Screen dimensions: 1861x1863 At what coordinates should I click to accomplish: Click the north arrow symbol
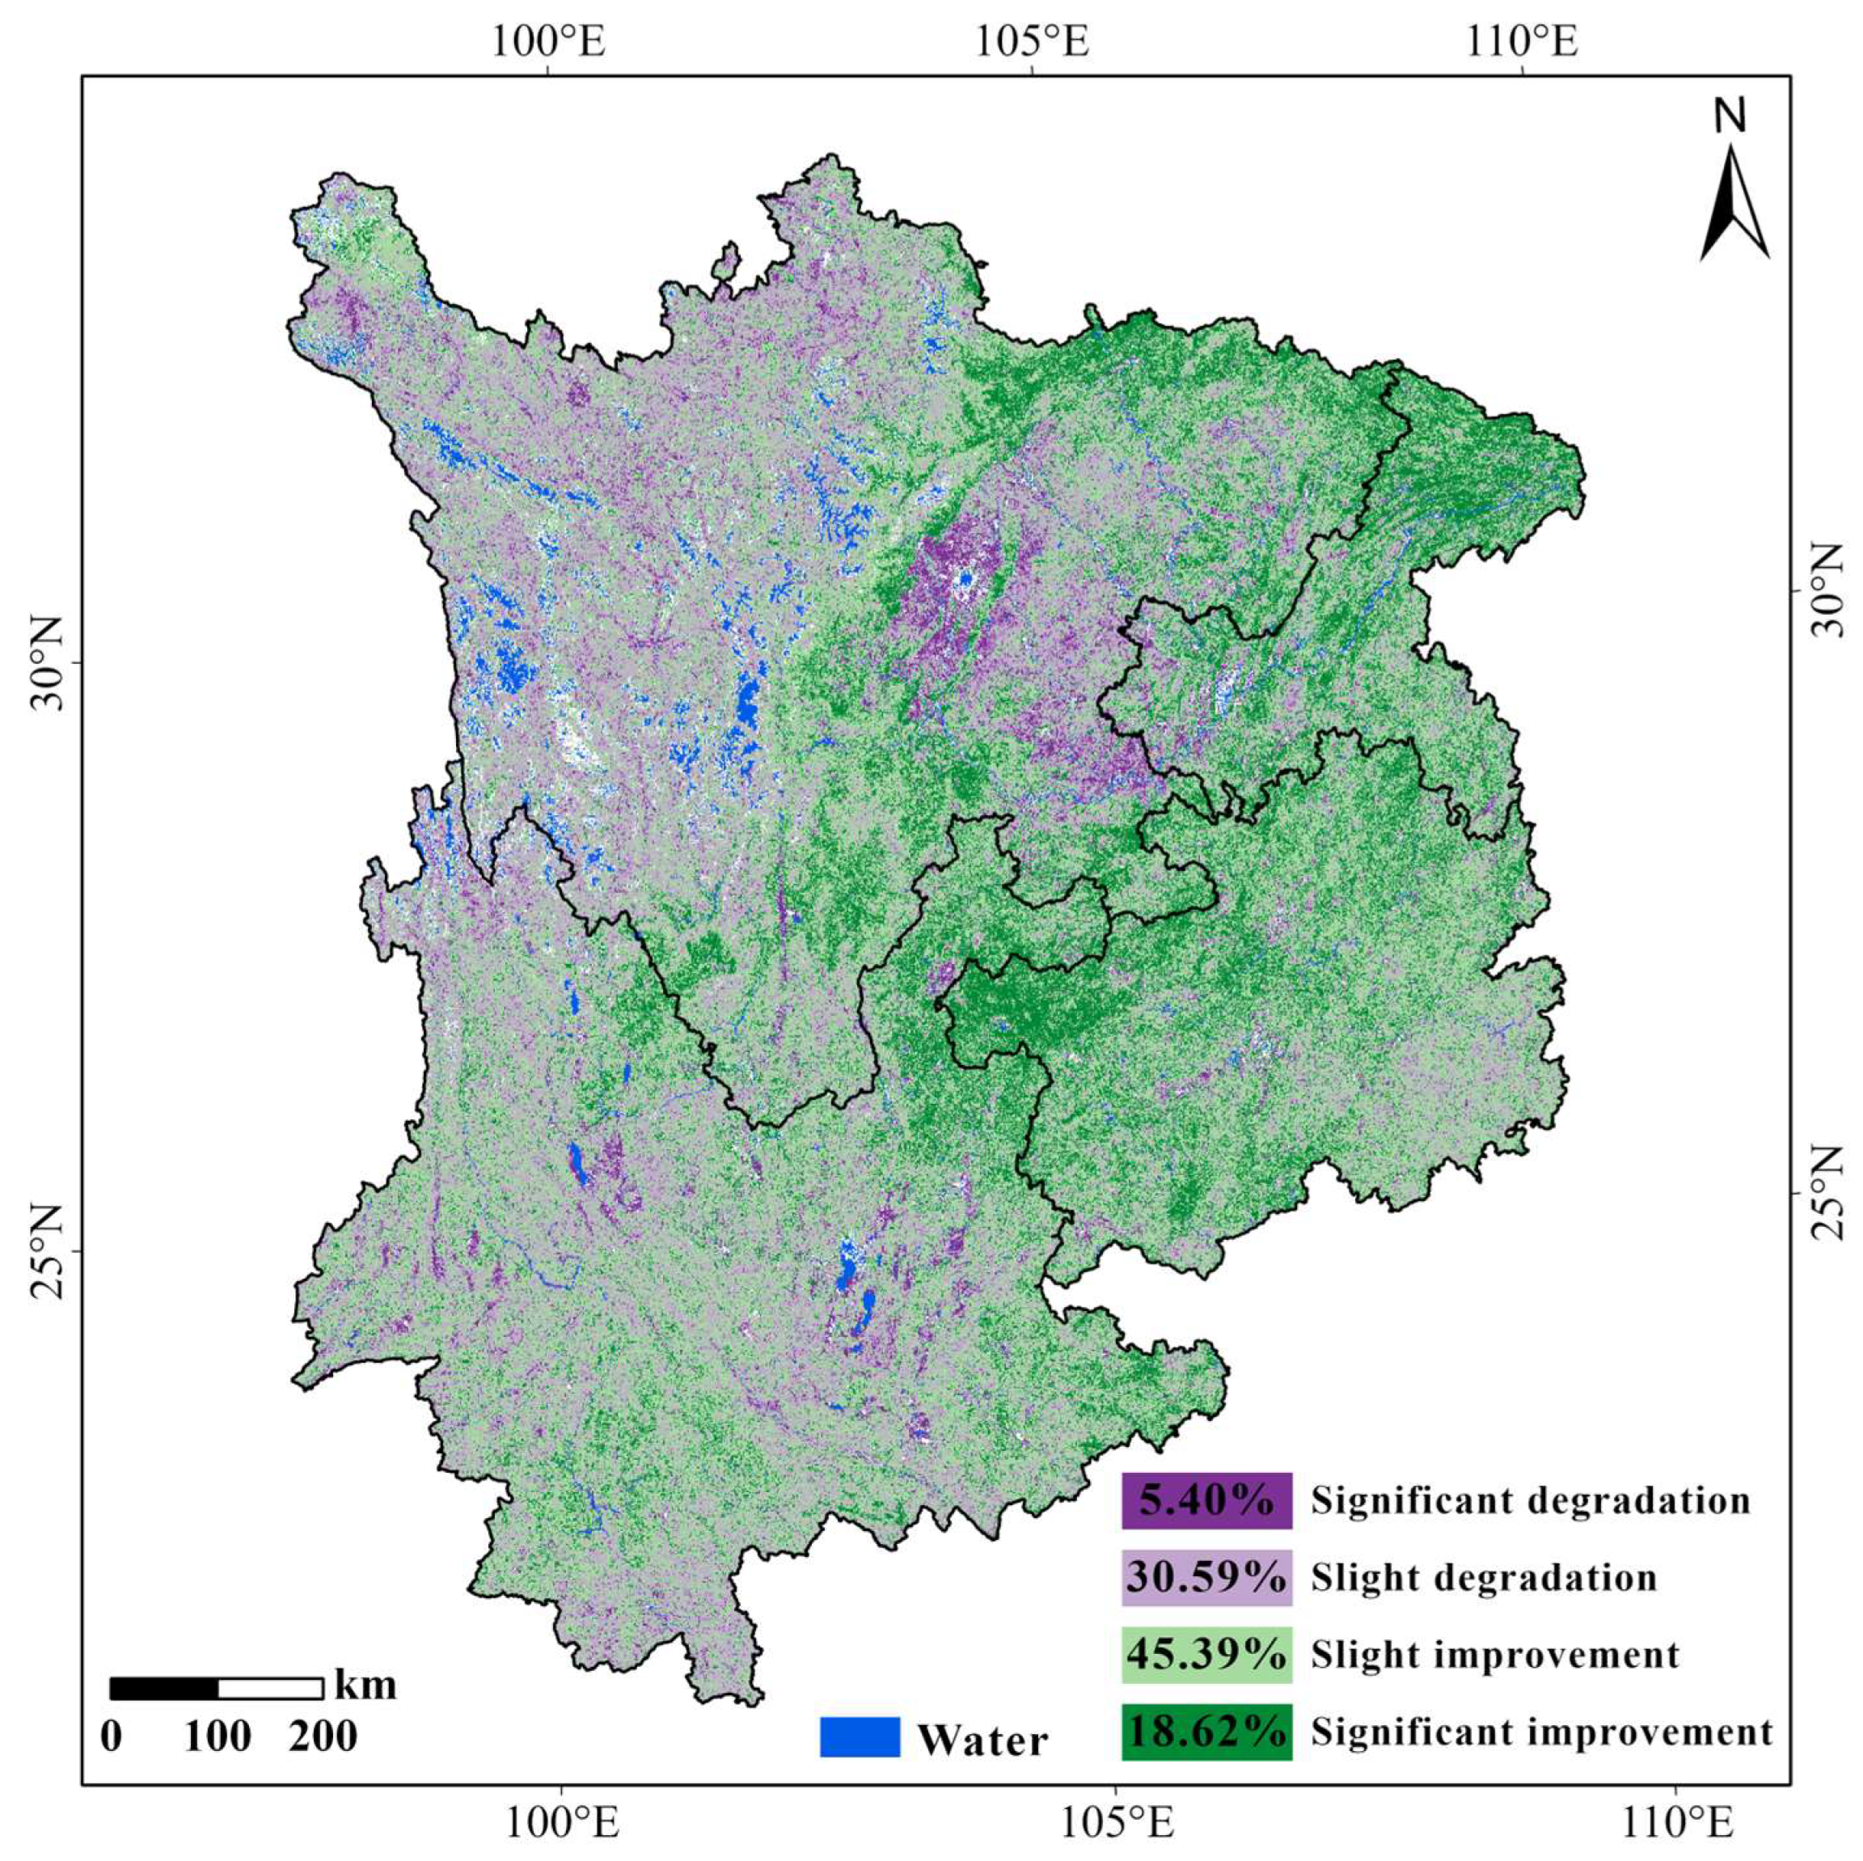click(x=1734, y=205)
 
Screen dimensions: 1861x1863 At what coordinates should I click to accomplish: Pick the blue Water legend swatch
click(x=860, y=1736)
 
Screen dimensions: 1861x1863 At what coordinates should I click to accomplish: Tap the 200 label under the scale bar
click(x=322, y=1736)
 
